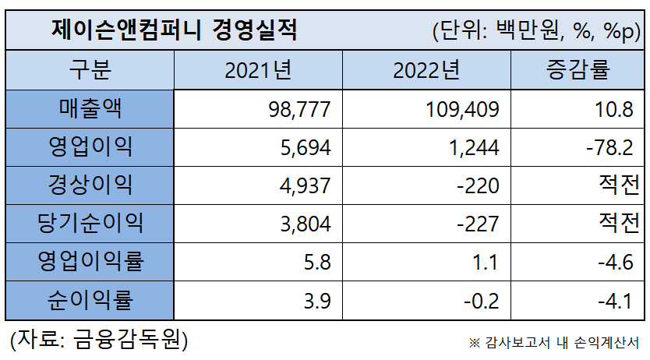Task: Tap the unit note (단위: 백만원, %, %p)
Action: [x=535, y=31]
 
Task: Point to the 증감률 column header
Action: [x=578, y=71]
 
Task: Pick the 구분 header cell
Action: [x=90, y=71]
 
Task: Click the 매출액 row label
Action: [x=90, y=109]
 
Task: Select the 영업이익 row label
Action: [x=90, y=147]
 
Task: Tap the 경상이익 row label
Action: [x=90, y=185]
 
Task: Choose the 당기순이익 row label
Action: [x=90, y=224]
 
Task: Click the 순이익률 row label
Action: [x=90, y=300]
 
